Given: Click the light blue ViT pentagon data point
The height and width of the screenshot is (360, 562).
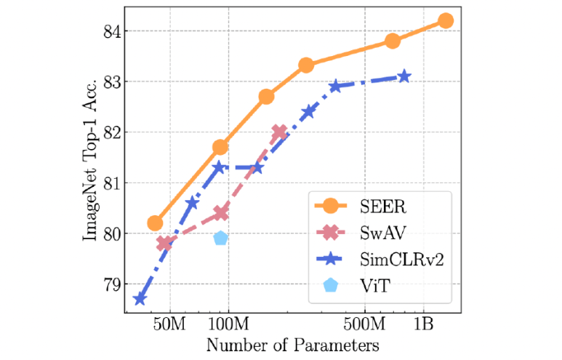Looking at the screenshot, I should (x=221, y=238).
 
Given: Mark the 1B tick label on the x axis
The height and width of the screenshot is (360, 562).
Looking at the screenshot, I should (x=425, y=323).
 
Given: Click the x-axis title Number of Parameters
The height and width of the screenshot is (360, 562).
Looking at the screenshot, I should (x=292, y=343).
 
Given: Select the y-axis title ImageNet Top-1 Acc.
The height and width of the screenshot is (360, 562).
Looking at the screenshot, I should (x=90, y=156).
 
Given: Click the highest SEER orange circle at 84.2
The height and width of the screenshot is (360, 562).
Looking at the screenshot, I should (x=446, y=20).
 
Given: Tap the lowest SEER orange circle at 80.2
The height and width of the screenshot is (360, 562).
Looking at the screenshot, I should (x=155, y=223).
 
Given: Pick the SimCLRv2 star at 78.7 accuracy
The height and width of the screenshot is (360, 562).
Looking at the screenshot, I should (x=140, y=299).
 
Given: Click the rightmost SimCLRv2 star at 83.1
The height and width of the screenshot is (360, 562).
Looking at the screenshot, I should (x=404, y=76).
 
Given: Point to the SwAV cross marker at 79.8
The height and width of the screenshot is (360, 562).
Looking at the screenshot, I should (x=164, y=243).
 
